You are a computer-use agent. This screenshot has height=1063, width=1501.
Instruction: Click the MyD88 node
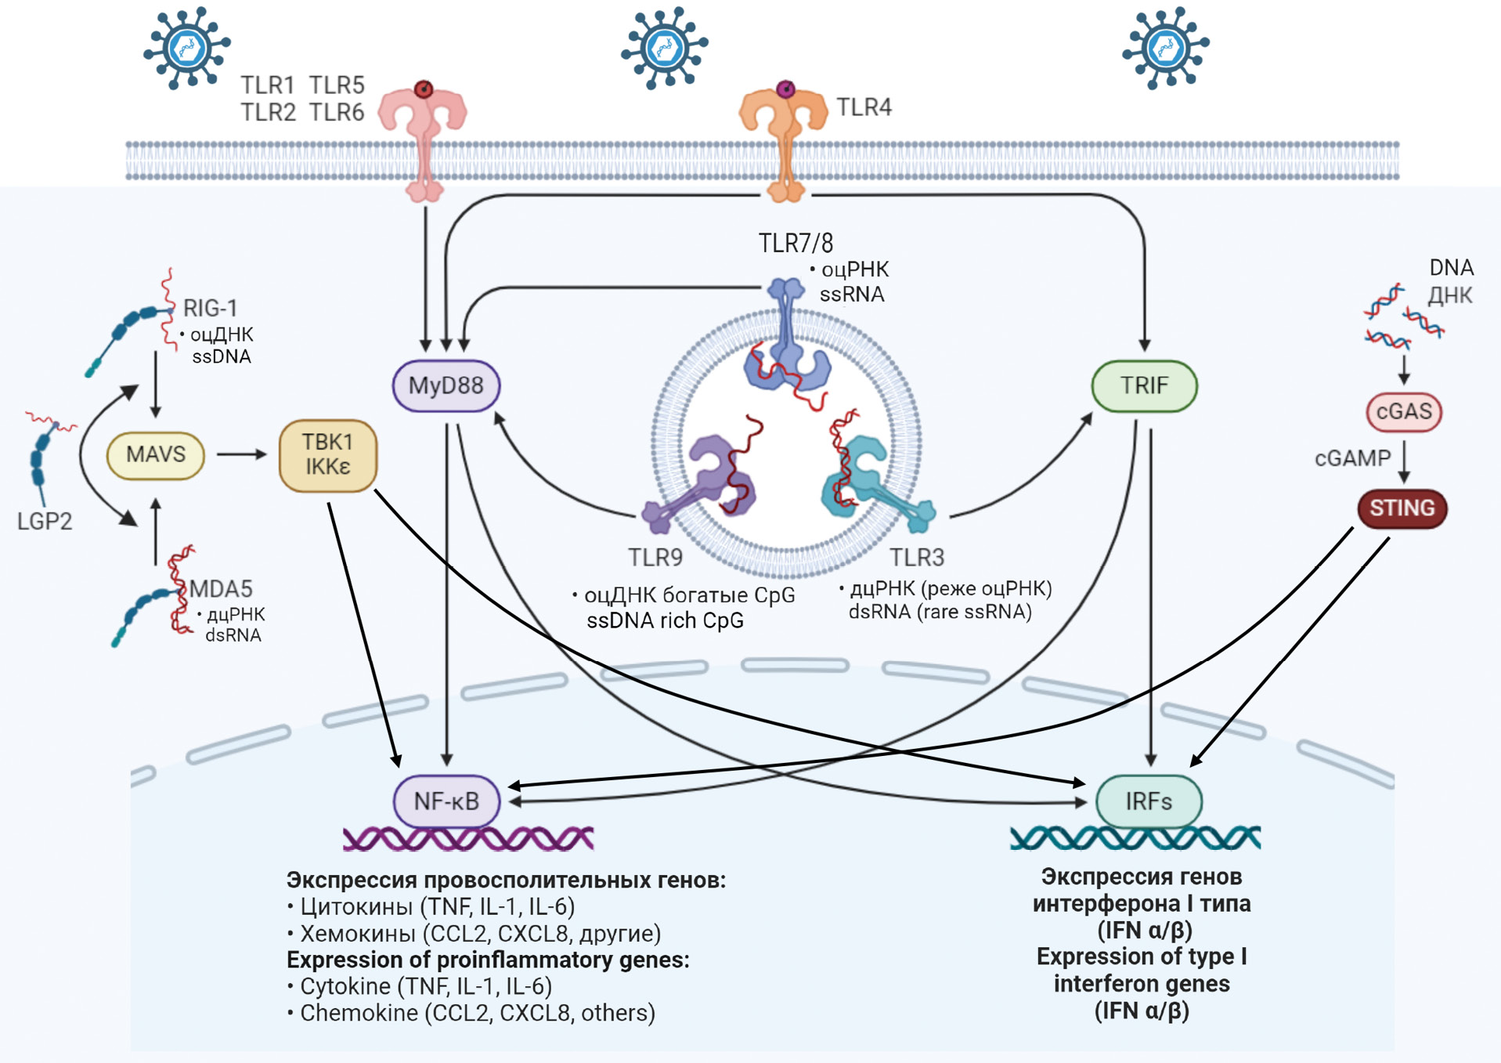[446, 385]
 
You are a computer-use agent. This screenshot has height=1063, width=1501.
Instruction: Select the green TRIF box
[1144, 385]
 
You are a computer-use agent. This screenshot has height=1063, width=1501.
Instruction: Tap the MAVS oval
[156, 454]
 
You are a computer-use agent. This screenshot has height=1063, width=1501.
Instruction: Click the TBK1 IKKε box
[328, 455]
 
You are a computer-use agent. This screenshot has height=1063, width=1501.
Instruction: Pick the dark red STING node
[1402, 508]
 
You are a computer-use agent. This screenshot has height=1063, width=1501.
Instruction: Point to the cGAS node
[1404, 411]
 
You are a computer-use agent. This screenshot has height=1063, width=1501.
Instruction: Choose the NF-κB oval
[446, 801]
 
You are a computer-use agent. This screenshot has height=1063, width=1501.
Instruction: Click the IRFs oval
[1149, 801]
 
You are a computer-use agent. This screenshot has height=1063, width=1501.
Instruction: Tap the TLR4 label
[864, 107]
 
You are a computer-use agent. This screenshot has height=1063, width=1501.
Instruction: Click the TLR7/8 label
[796, 244]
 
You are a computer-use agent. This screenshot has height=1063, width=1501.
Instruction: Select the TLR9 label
[655, 558]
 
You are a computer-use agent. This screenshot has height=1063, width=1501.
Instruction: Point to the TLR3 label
[917, 558]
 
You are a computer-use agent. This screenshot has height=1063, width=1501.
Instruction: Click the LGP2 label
[45, 521]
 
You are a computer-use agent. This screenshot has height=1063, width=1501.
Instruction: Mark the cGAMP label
[1352, 458]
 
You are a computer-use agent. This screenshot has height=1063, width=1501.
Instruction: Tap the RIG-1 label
[210, 308]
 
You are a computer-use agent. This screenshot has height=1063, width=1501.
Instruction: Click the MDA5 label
[221, 589]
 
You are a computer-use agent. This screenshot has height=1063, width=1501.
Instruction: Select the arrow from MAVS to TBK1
[241, 454]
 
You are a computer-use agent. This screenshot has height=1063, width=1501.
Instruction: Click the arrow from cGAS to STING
[1404, 461]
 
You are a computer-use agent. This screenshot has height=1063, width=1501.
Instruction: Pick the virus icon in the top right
[1165, 48]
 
